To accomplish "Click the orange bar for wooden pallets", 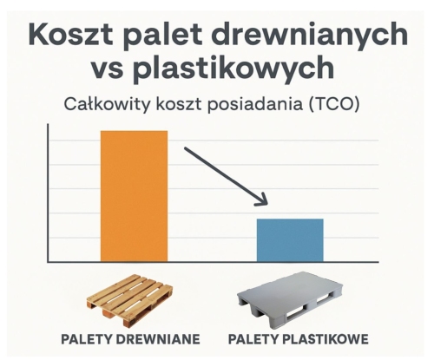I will [134, 195].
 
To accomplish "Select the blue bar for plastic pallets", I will [290, 239].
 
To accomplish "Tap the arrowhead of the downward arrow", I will [260, 201].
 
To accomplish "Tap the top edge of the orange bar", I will [134, 131].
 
